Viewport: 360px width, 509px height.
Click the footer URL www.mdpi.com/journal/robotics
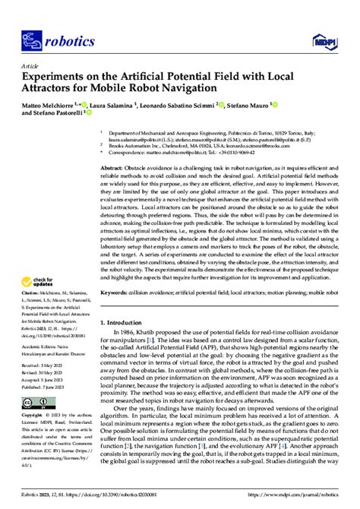(x=301, y=492)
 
